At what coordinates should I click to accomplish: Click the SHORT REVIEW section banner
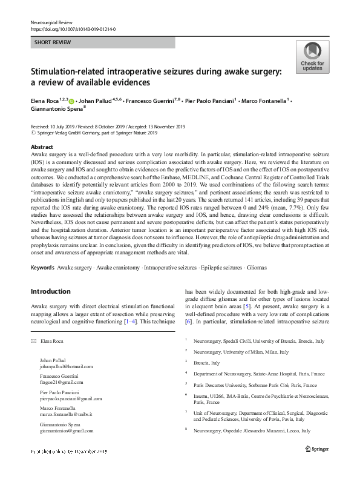102,42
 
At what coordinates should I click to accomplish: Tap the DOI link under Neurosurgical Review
73,28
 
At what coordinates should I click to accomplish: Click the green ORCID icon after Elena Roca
71,101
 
